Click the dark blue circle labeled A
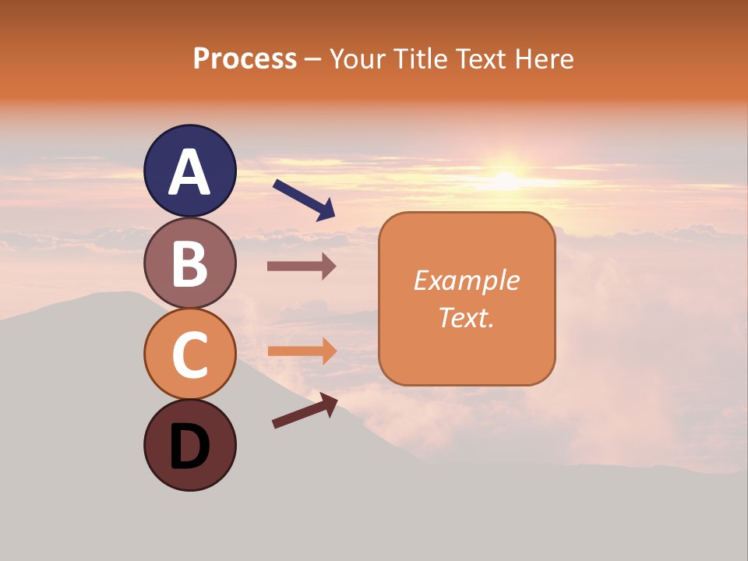click(190, 171)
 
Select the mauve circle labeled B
click(190, 263)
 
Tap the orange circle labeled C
click(190, 355)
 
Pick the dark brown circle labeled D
click(190, 446)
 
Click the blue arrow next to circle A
click(304, 199)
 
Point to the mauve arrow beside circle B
click(302, 266)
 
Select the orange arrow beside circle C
click(302, 351)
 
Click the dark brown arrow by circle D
click(305, 411)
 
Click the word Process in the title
click(245, 59)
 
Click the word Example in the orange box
click(466, 280)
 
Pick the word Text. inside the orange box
click(466, 318)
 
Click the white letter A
click(190, 172)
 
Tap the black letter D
click(190, 447)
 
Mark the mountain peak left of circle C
click(125, 295)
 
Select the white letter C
click(190, 355)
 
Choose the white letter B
click(190, 263)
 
